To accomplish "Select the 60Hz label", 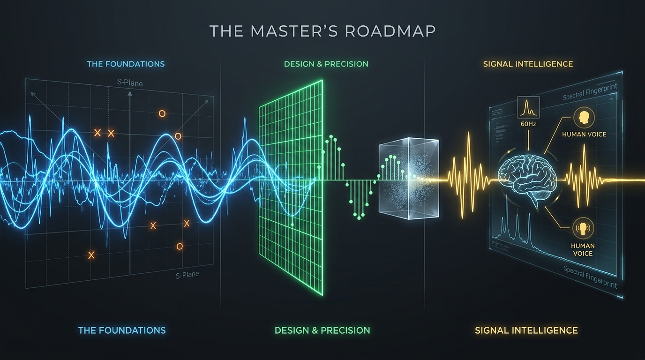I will point(528,124).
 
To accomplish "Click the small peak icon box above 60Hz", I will point(528,107).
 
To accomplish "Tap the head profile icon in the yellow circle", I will point(584,117).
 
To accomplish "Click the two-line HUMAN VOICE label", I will point(583,249).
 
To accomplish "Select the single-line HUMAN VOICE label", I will point(584,134).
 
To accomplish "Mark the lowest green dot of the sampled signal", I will point(359,218).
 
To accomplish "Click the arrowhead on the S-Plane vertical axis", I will point(129,93).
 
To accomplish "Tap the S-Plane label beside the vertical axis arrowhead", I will point(130,83).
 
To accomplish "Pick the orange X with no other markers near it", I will point(91,255).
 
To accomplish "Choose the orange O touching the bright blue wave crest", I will point(178,136).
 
